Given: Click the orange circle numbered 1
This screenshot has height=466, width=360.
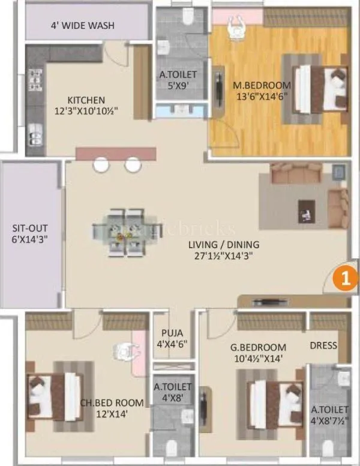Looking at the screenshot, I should (x=341, y=278).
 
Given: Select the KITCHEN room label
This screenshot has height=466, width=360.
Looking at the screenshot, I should (x=86, y=100).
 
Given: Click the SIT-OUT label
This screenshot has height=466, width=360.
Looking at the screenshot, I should (x=29, y=228).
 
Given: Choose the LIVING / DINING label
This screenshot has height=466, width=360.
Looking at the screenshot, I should (x=223, y=244).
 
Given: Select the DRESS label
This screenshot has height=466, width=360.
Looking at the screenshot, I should (x=323, y=345).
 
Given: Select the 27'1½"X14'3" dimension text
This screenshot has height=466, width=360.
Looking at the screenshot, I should (x=223, y=255).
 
